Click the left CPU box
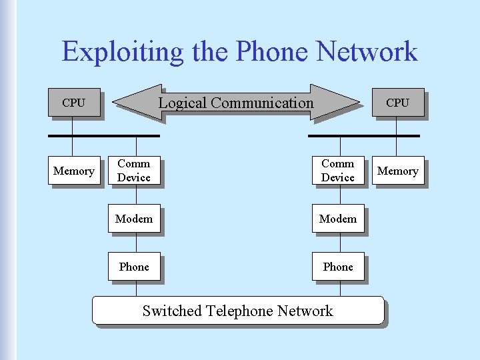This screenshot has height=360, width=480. (74, 103)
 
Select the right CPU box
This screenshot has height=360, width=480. (398, 103)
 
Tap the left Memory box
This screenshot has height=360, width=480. (74, 171)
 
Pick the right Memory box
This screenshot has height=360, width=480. (398, 171)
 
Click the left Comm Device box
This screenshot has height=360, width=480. (134, 171)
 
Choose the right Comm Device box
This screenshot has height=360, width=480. (338, 171)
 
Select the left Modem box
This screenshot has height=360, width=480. (134, 219)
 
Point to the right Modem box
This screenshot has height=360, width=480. (338, 219)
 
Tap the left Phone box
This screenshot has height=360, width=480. (134, 267)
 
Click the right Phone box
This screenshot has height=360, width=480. (338, 267)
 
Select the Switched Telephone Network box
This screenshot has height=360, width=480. (238, 311)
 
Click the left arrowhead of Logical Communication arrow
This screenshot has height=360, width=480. (137, 103)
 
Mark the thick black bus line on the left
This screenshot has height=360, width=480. (104, 135)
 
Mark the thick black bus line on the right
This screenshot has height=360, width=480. (364, 135)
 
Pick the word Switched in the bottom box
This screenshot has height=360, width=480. (172, 311)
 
